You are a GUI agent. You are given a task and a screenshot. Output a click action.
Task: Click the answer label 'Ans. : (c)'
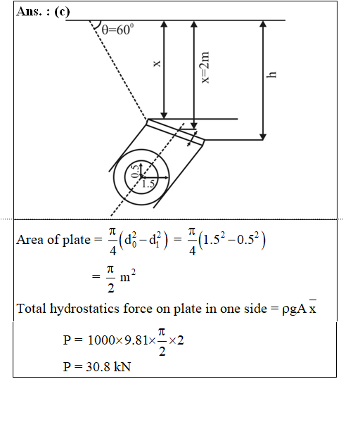[43, 12]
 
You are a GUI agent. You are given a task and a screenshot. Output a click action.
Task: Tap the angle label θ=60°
[117, 30]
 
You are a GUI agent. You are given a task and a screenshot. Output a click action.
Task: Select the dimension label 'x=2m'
[205, 68]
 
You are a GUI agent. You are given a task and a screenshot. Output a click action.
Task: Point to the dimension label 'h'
[271, 75]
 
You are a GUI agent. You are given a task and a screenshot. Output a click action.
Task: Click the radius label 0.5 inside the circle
[135, 171]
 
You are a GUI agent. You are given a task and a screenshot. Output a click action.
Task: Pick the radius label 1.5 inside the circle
[148, 184]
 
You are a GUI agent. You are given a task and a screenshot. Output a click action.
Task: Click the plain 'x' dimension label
[157, 63]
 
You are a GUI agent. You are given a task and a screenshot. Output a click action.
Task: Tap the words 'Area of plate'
[53, 240]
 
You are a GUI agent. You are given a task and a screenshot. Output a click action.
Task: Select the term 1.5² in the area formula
[214, 239]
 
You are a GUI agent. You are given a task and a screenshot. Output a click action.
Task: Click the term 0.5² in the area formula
[247, 239]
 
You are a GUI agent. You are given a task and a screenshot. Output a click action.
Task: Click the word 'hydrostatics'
[84, 309]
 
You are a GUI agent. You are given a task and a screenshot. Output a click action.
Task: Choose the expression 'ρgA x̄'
[299, 308]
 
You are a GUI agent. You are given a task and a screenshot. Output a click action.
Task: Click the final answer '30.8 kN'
[108, 367]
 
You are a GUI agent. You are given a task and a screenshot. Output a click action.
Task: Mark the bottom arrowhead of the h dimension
[263, 137]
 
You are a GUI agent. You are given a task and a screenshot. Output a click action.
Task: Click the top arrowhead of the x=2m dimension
[193, 24]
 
